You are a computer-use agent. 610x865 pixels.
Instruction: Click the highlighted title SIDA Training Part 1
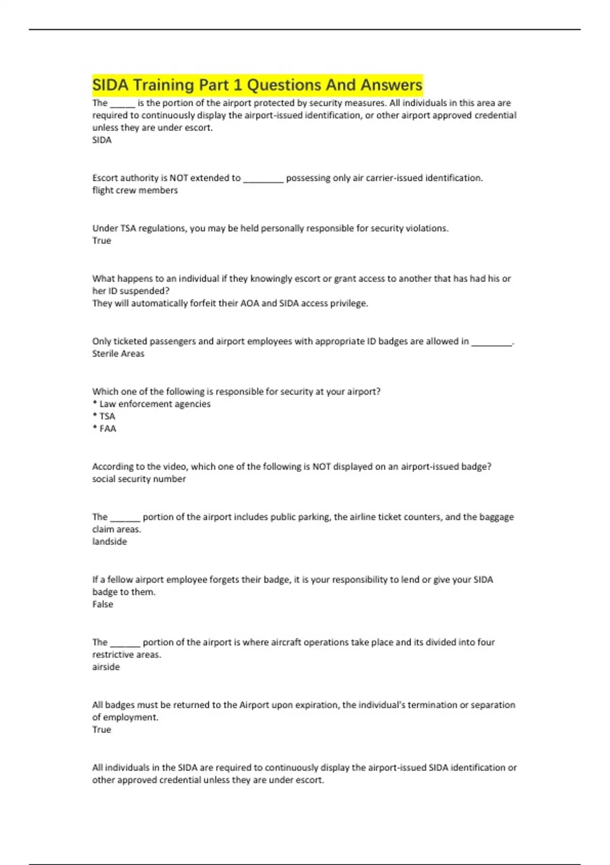pos(257,84)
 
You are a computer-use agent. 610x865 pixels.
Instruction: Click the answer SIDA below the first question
pos(102,140)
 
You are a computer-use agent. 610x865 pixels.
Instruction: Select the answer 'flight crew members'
pos(135,190)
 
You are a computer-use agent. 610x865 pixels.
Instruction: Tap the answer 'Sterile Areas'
pos(118,354)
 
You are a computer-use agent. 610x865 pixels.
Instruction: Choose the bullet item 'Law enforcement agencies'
pos(155,404)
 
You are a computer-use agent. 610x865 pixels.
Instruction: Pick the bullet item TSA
pos(107,416)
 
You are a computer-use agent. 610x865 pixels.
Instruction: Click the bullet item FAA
pos(108,428)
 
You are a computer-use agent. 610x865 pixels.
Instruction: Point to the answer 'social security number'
pos(139,479)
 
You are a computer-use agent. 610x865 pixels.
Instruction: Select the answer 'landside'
pos(109,541)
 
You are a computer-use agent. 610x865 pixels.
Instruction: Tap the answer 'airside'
pos(106,667)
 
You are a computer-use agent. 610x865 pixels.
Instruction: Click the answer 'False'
pos(103,604)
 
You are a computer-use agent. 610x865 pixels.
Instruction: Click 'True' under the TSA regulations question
pos(102,241)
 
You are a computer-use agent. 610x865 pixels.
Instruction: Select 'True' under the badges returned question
pos(102,730)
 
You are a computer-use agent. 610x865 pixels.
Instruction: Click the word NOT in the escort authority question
pos(178,178)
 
